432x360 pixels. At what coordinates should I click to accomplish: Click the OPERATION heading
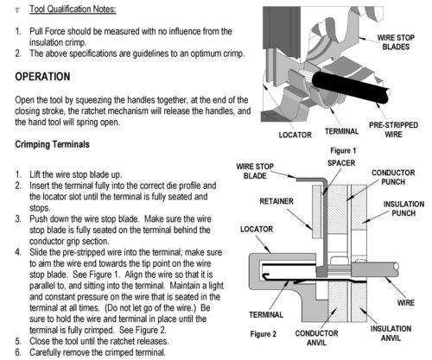42,77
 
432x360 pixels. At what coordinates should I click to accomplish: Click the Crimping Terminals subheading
52,144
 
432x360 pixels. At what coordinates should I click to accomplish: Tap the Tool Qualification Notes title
73,9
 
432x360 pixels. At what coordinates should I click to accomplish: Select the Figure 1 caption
343,150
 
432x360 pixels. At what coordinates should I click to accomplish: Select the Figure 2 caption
264,334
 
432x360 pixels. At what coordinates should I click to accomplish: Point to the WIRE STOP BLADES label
396,42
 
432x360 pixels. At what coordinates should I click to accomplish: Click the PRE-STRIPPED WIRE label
393,129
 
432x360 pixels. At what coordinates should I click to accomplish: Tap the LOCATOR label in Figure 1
295,135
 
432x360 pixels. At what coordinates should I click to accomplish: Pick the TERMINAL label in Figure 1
341,131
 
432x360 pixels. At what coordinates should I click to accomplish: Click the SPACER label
341,163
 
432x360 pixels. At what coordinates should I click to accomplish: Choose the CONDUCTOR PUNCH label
393,177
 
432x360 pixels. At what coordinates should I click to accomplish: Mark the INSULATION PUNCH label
403,209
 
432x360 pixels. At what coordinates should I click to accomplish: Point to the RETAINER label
276,201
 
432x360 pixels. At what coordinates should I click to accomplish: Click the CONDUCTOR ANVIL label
316,338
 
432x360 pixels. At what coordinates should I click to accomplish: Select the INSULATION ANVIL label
391,333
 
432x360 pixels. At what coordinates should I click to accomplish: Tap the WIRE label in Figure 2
406,303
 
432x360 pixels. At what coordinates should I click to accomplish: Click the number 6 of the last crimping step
18,352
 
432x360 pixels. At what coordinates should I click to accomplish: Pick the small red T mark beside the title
17,10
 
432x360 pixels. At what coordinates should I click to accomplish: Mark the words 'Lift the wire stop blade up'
75,174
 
